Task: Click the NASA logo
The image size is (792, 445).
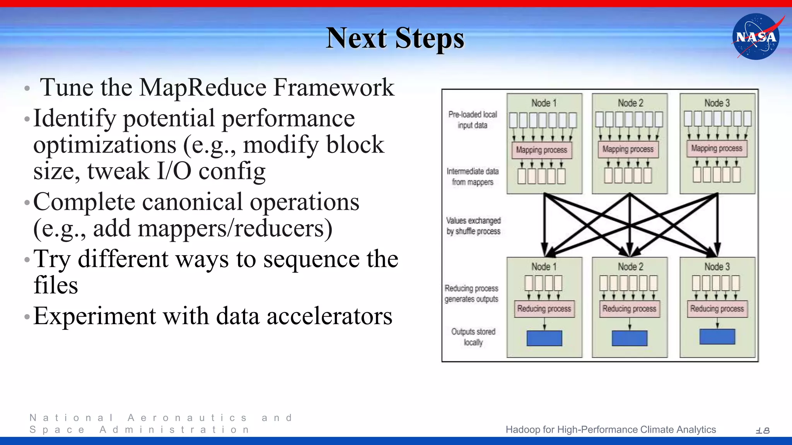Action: pos(756,37)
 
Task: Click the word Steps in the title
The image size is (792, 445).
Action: pos(429,38)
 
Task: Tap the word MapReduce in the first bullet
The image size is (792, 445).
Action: pos(203,87)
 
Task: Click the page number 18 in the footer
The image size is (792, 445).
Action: pos(763,430)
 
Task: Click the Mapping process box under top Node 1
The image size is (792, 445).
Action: pos(541,150)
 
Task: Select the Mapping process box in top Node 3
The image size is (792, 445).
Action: pos(717,148)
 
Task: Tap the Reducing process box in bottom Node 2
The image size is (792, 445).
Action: pos(629,309)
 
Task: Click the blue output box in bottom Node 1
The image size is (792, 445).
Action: pos(544,338)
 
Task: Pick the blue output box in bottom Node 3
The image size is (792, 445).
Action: pos(717,336)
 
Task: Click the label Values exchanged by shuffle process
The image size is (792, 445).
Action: pos(473,226)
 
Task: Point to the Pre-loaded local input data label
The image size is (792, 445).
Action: pos(473,120)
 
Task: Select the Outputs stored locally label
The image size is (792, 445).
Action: pos(473,337)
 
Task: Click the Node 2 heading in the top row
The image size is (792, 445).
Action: pos(630,103)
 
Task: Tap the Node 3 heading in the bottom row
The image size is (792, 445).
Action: pos(717,267)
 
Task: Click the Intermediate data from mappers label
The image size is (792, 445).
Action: pos(473,177)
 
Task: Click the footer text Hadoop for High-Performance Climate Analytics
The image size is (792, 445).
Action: pos(611,430)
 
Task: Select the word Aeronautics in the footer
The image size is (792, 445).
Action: pos(187,418)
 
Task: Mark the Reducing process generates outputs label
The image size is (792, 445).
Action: pos(471,294)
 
